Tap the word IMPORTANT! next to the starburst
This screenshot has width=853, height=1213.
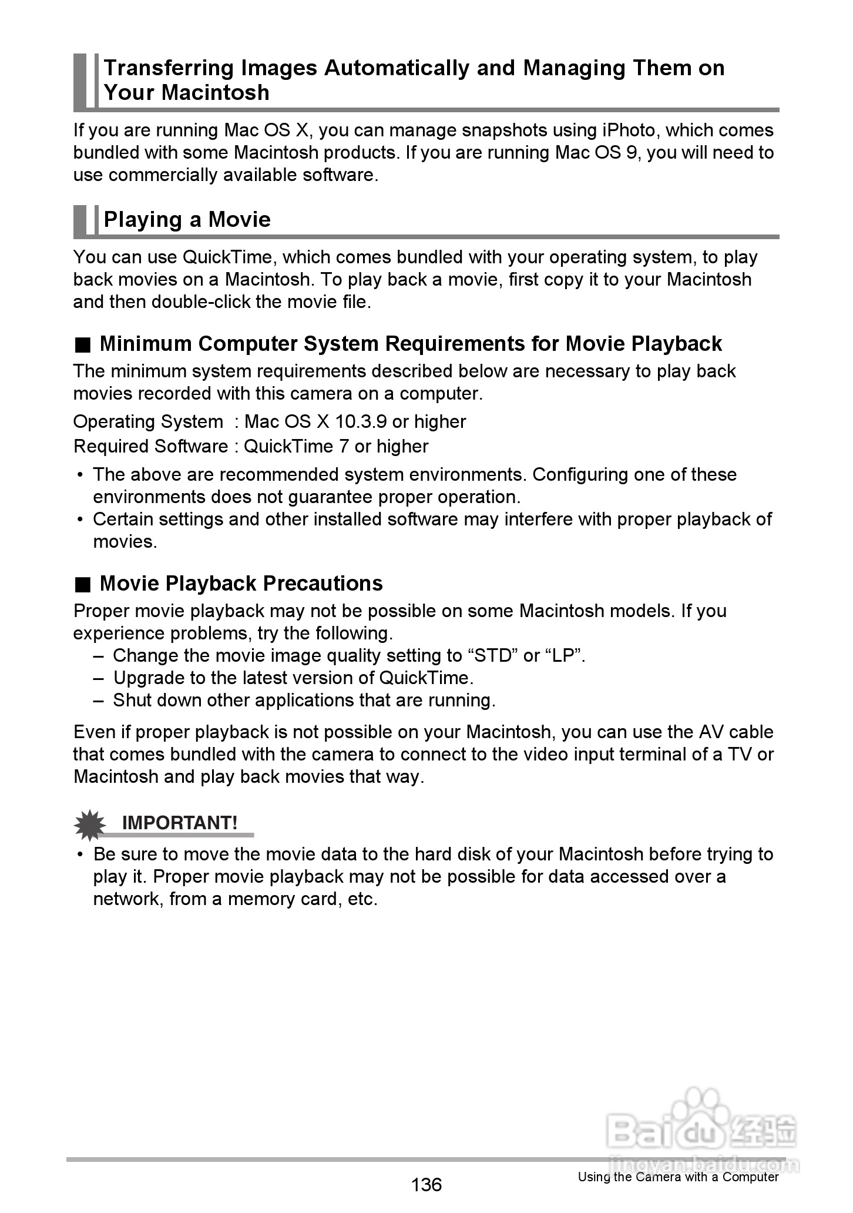click(180, 823)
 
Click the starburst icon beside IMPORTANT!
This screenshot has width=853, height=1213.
click(90, 825)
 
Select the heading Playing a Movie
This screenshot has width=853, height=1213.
click(187, 220)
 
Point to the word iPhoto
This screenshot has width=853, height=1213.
click(629, 130)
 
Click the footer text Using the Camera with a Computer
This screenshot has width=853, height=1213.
click(678, 1177)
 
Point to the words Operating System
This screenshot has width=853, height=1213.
click(148, 422)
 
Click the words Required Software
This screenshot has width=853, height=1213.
click(150, 447)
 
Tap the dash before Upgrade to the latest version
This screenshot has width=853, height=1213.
click(99, 678)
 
